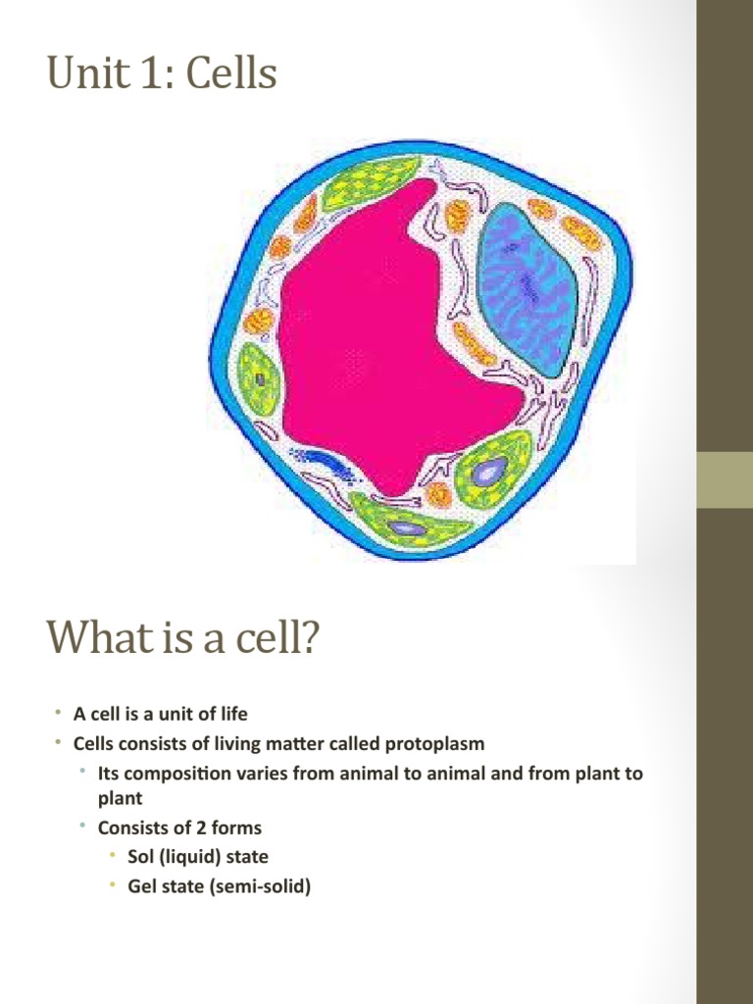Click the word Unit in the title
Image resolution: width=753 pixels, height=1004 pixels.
(x=80, y=75)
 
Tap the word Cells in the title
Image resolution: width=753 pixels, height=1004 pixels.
(x=231, y=75)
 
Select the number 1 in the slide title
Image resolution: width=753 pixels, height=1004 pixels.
(x=143, y=75)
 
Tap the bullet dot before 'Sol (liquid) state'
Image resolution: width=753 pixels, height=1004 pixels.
(x=114, y=856)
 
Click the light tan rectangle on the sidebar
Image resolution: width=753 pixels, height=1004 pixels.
(x=725, y=479)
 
